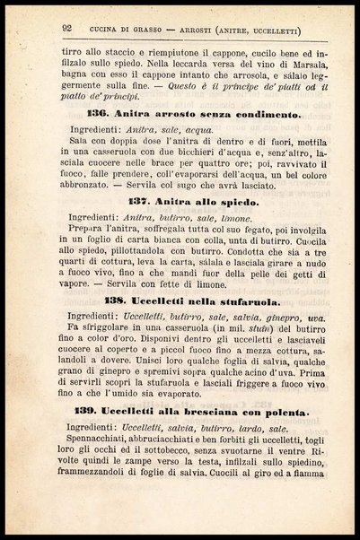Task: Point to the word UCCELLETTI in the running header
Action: (265, 31)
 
